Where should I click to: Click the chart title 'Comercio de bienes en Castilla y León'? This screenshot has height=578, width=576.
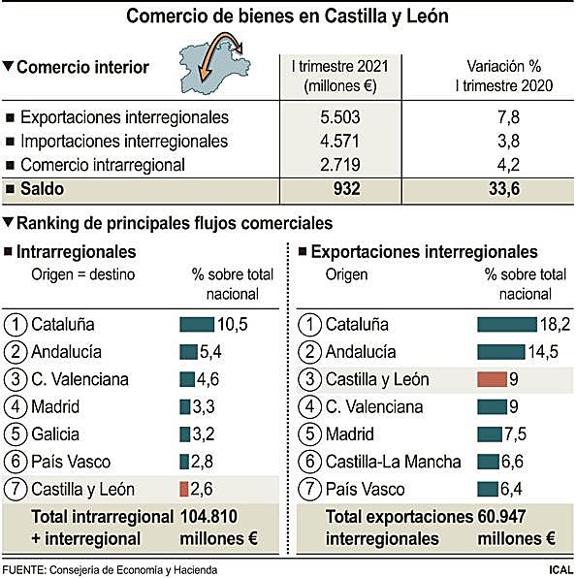click(x=288, y=16)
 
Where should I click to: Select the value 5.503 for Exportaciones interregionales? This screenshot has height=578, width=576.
click(x=339, y=117)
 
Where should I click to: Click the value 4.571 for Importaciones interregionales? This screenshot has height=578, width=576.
click(x=339, y=141)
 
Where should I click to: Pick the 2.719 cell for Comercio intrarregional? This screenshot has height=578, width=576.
click(x=339, y=164)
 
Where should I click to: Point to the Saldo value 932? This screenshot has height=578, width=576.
click(x=339, y=189)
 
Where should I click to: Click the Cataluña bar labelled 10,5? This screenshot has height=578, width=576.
click(x=197, y=324)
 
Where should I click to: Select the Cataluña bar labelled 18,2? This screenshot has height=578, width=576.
click(x=507, y=324)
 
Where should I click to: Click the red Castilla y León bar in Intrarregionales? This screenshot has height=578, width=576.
click(x=184, y=489)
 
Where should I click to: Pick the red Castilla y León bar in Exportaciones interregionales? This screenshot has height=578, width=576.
click(x=494, y=379)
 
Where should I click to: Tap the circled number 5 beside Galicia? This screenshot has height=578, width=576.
click(x=16, y=433)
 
